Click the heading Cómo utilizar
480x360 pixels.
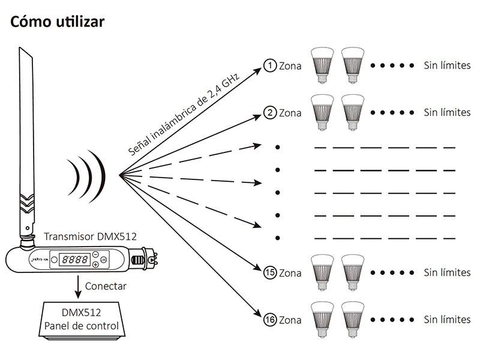tap(57, 22)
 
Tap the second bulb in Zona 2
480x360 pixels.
tap(353, 111)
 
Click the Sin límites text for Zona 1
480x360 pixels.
tap(447, 65)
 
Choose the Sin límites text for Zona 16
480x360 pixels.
tap(447, 319)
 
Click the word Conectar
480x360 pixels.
tap(106, 286)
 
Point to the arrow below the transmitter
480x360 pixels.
tap(77, 287)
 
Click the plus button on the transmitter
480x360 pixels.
tap(96, 265)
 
